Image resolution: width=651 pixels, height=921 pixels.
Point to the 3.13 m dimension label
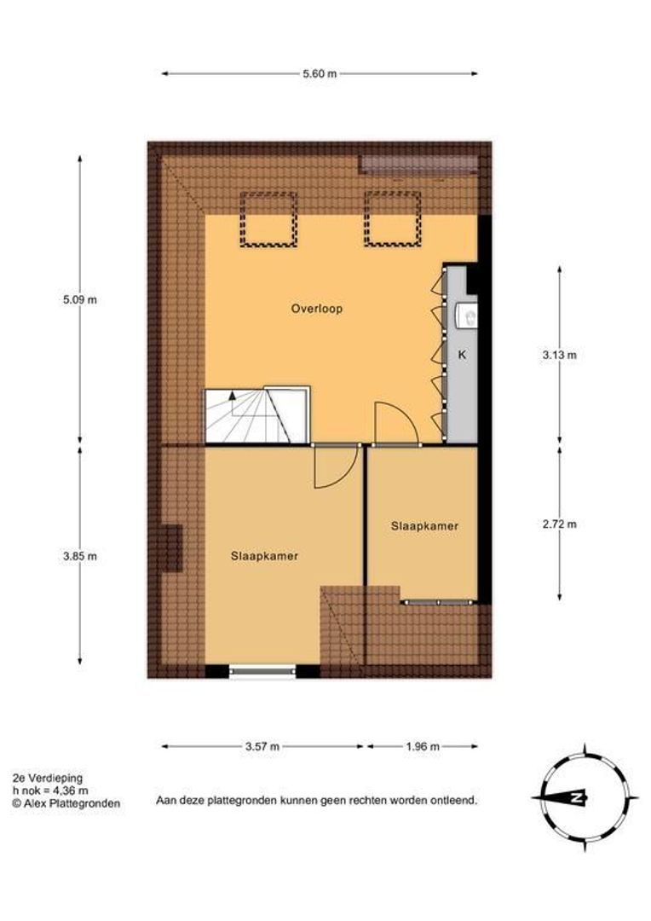tap(559, 355)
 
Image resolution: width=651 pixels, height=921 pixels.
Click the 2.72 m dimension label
tap(559, 524)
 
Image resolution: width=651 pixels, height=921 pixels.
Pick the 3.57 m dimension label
tap(262, 746)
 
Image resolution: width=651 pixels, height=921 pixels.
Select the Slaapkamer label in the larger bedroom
tap(263, 555)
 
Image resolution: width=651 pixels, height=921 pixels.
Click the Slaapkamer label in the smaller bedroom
tap(424, 526)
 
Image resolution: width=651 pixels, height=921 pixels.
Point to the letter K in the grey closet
tap(462, 356)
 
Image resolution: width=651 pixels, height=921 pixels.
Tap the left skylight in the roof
tap(268, 219)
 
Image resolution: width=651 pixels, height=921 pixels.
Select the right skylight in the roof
tap(392, 219)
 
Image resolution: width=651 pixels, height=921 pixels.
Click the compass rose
tap(585, 798)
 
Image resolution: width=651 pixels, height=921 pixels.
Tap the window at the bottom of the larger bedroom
tap(262, 671)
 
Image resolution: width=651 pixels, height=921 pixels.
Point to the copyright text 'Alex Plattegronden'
tap(66, 803)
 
